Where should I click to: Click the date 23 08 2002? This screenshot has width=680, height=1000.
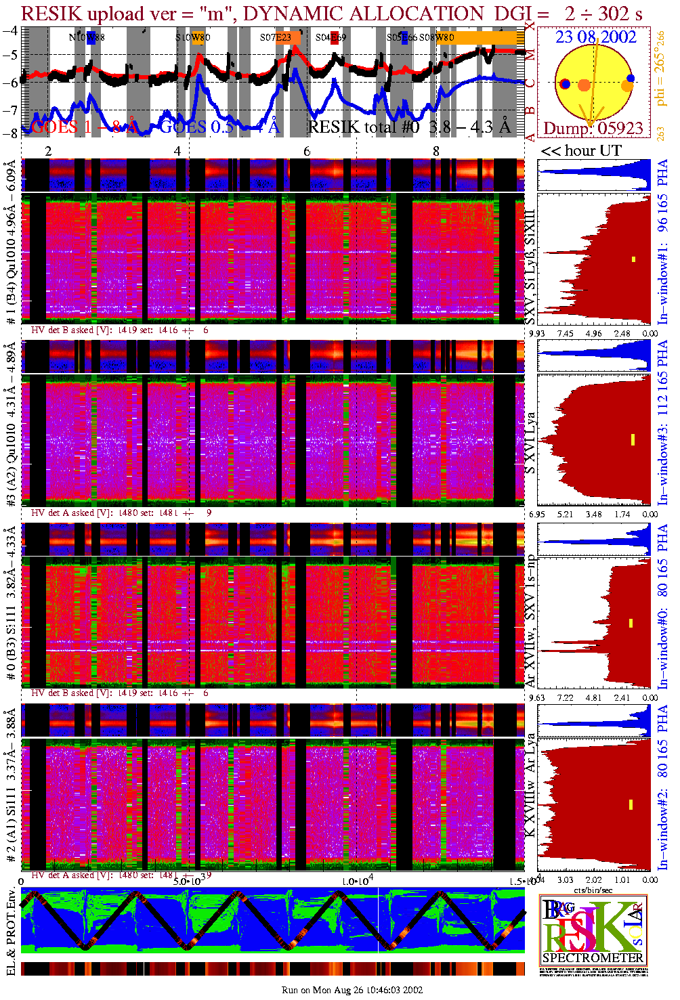click(x=595, y=37)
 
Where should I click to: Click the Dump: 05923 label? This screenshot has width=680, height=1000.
click(x=593, y=129)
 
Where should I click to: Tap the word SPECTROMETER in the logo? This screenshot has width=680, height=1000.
click(x=593, y=958)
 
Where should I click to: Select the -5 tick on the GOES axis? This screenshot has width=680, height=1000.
click(x=10, y=55)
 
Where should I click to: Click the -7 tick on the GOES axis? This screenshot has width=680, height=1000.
click(x=10, y=110)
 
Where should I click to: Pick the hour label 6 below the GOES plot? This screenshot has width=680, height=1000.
click(x=307, y=151)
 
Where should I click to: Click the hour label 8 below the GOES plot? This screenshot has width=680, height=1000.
click(x=436, y=151)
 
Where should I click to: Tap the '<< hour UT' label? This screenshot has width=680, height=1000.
click(x=580, y=151)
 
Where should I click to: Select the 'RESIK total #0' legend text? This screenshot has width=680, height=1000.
click(x=364, y=127)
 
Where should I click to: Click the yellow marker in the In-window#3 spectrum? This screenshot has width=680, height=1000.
click(x=633, y=439)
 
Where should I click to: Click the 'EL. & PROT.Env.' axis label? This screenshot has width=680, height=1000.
click(x=11, y=933)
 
